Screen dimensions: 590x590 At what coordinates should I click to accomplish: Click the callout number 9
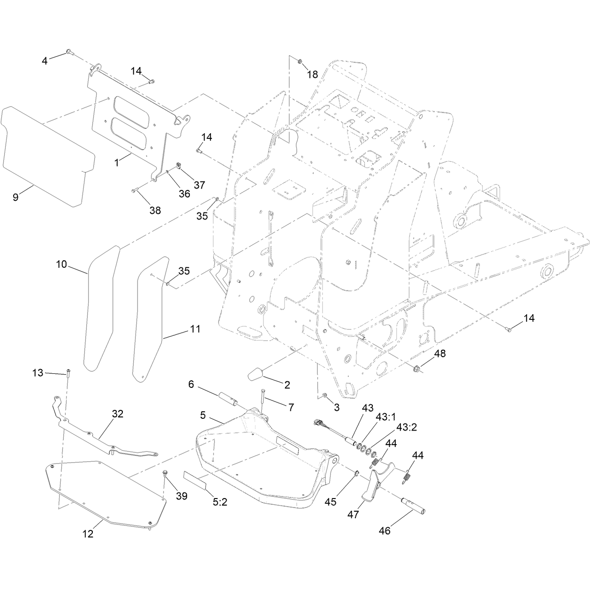click(x=15, y=197)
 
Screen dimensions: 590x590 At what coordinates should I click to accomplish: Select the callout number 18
click(x=313, y=75)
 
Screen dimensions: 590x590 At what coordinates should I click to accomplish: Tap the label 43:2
click(x=407, y=427)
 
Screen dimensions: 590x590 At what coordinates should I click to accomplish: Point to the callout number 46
click(x=385, y=530)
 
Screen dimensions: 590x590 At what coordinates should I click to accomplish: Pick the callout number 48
click(x=440, y=353)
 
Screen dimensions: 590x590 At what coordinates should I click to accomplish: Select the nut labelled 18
click(x=300, y=61)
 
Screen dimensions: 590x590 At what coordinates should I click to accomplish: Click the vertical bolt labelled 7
click(x=263, y=400)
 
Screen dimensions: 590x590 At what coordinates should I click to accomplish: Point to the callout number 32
click(x=118, y=414)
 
